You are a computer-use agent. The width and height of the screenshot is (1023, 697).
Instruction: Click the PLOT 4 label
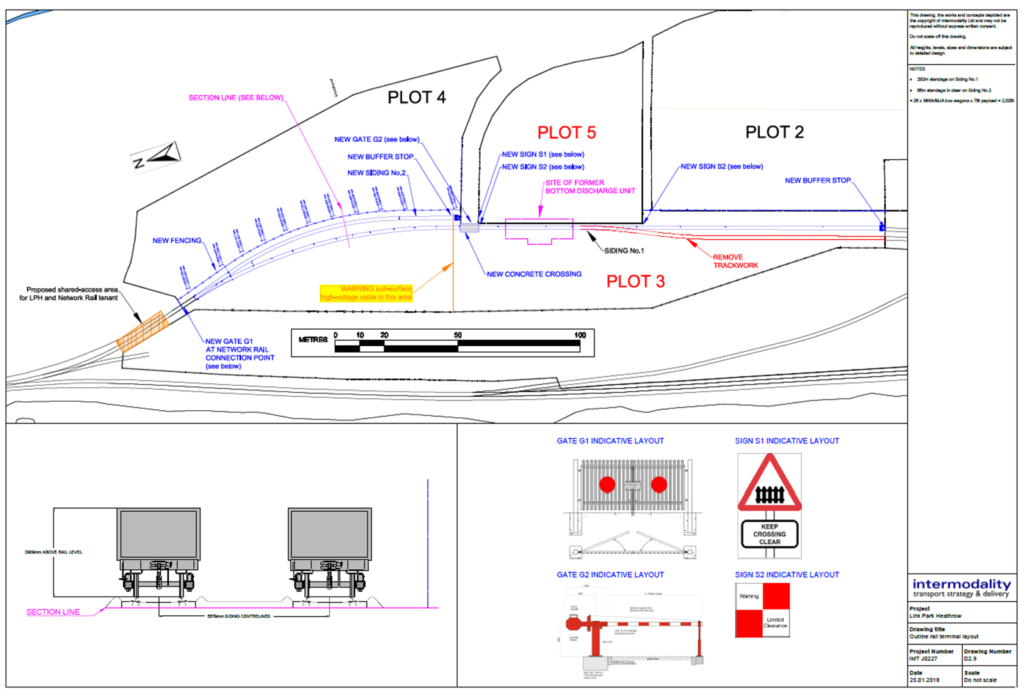[416, 98]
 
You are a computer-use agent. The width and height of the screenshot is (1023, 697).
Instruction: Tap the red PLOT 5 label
[566, 132]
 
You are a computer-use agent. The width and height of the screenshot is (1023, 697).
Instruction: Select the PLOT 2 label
[774, 132]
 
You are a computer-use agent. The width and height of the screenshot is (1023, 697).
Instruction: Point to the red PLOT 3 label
[636, 282]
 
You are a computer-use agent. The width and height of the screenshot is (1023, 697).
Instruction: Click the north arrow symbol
[157, 157]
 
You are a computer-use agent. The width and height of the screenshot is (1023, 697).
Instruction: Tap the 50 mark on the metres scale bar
[458, 335]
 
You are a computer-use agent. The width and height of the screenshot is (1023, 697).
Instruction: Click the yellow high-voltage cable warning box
[366, 293]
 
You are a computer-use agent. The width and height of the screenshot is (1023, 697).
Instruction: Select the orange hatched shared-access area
[143, 332]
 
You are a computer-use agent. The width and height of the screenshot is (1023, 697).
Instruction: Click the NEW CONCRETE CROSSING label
[534, 274]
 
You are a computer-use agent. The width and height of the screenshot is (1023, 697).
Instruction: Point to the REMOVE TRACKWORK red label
[735, 261]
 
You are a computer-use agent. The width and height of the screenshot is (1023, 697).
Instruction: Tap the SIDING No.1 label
[624, 250]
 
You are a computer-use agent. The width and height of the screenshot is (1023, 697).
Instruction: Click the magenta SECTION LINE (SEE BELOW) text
[235, 98]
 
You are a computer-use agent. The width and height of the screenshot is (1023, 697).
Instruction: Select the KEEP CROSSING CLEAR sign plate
[770, 534]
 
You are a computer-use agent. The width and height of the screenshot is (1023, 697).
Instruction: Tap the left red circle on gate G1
[607, 485]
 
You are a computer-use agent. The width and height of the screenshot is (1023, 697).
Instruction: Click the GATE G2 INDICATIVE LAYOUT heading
[610, 575]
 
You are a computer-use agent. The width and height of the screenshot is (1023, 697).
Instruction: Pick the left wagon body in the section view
[159, 534]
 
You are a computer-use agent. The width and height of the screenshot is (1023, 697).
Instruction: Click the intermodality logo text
[962, 585]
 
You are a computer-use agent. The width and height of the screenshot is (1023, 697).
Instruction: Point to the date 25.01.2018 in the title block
[925, 680]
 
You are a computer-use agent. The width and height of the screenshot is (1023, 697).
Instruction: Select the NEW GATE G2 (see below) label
[377, 139]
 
